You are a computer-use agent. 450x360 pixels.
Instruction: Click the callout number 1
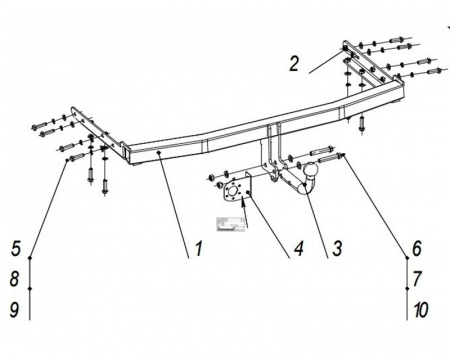click(x=198, y=249)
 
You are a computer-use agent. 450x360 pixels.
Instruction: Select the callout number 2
click(x=294, y=64)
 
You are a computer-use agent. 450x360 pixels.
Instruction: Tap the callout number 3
click(x=337, y=249)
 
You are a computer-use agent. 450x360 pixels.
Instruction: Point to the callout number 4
click(x=298, y=249)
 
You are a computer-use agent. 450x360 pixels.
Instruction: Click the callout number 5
click(x=16, y=249)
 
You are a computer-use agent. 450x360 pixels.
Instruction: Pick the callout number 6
click(x=417, y=249)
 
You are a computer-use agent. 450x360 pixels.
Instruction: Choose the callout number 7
click(x=417, y=279)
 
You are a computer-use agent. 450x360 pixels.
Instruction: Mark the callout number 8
click(x=14, y=279)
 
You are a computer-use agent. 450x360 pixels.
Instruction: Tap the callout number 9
click(x=14, y=310)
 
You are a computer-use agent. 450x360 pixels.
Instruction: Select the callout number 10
click(x=421, y=310)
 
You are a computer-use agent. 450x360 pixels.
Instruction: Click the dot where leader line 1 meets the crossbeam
click(x=159, y=152)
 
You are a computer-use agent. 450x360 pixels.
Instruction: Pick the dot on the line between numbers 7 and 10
click(x=407, y=288)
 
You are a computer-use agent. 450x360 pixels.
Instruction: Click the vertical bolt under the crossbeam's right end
click(x=362, y=124)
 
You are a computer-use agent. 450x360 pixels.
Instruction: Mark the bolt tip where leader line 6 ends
click(x=342, y=154)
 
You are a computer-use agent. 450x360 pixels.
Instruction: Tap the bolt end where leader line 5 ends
click(x=68, y=160)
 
